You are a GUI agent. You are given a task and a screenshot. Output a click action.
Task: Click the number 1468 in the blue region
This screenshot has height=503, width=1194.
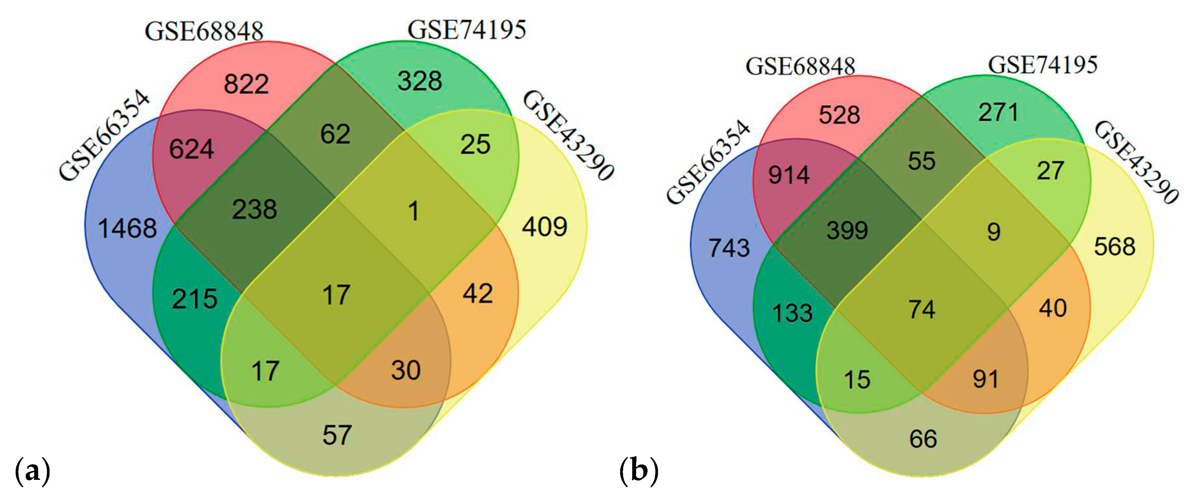tap(127, 228)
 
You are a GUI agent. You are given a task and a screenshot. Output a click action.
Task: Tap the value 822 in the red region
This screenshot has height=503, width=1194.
tap(246, 84)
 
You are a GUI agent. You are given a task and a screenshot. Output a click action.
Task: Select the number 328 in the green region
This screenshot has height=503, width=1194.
tap(420, 81)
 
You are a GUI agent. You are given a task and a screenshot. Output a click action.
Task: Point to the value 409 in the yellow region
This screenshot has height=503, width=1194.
tap(545, 227)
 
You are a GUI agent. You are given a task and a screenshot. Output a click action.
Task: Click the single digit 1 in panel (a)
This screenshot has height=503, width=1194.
tap(413, 211)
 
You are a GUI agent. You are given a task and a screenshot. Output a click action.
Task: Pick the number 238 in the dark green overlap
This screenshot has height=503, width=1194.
tap(254, 209)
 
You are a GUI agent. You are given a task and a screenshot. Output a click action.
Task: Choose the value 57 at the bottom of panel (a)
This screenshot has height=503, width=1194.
tap(337, 435)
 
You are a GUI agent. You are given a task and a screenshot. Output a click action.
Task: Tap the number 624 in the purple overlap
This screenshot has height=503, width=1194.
tap(191, 149)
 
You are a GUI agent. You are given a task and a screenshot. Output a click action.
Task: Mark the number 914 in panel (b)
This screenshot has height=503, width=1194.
tap(789, 175)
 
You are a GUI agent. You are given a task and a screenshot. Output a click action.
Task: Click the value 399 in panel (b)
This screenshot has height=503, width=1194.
tap(847, 230)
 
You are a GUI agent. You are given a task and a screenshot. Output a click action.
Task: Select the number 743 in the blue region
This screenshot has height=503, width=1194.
tap(729, 248)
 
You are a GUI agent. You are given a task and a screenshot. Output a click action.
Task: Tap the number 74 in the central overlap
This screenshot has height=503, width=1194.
tap(921, 309)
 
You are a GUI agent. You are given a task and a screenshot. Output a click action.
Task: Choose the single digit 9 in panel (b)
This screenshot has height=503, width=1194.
tap(993, 231)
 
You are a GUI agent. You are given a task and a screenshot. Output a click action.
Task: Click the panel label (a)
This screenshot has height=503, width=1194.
tap(33, 471)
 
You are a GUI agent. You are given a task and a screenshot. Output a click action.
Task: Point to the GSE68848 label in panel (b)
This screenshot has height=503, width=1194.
tap(800, 66)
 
